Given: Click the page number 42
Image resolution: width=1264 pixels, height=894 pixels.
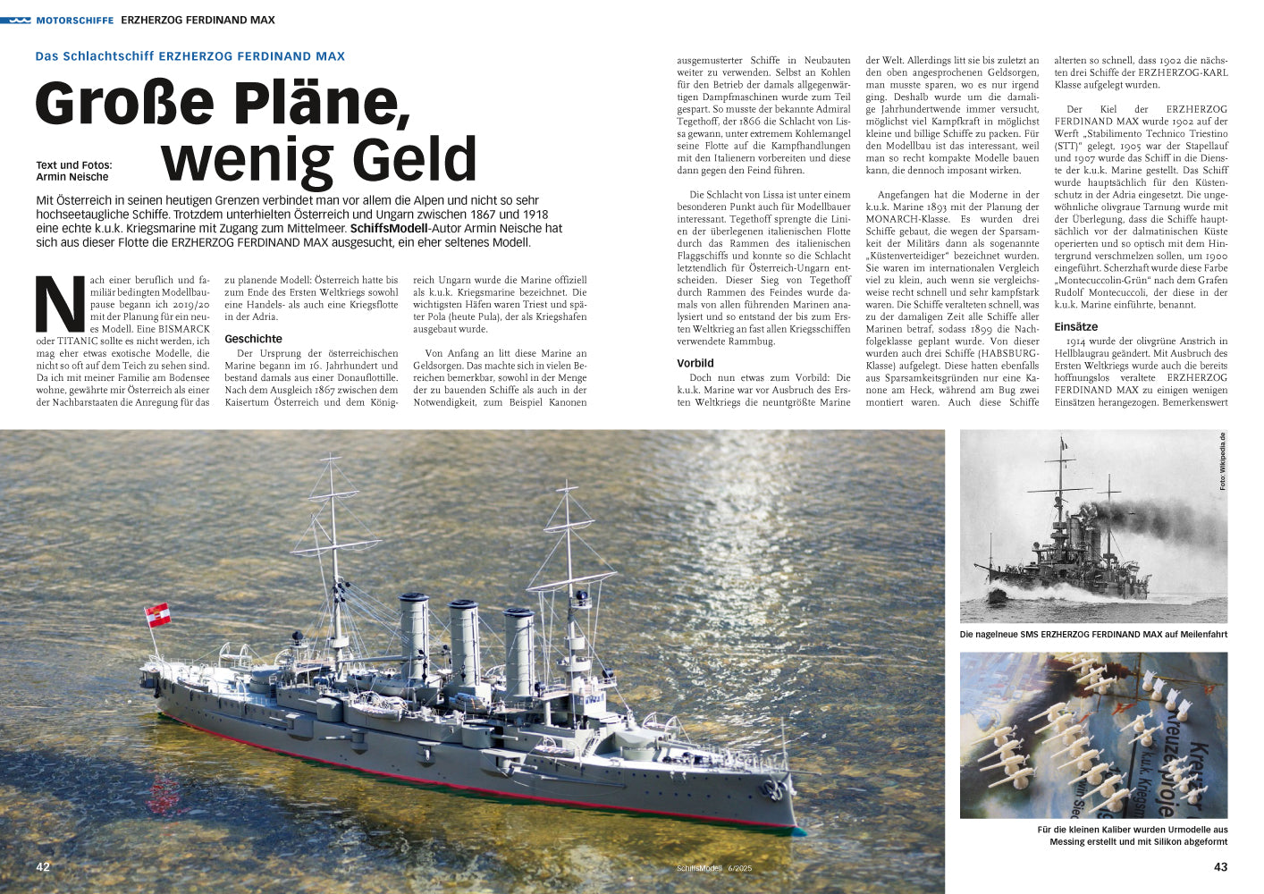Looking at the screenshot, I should tap(43, 866).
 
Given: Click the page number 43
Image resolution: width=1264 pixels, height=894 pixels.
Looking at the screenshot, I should tap(1220, 866).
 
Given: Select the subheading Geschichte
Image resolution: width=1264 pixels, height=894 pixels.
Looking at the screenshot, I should tap(253, 339).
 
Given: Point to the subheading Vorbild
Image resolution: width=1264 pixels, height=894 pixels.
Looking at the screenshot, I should tap(695, 363).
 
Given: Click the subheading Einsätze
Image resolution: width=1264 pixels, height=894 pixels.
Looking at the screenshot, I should tap(1076, 327).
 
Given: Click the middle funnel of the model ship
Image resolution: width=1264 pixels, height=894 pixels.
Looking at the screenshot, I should tap(464, 644).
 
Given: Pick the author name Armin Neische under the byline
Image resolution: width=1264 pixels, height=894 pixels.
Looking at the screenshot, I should tap(72, 177).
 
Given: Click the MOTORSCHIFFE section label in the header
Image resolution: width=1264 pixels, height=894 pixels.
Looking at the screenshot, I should tap(74, 20).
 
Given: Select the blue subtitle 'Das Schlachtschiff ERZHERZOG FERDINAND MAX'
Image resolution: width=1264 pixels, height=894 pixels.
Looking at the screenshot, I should tap(190, 56).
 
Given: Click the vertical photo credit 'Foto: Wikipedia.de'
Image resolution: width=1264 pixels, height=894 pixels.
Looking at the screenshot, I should tap(1222, 461).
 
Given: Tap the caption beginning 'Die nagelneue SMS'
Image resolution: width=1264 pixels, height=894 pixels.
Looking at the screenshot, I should tap(1092, 635).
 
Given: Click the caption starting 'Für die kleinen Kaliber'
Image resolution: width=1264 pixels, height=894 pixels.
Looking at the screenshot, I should tap(1133, 836).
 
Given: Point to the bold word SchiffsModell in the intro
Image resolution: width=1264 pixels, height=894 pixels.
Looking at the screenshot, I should tap(389, 229).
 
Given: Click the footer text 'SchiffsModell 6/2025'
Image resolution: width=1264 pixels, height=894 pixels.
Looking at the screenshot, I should tap(714, 868).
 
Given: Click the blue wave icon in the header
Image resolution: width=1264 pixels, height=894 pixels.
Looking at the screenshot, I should tap(16, 20).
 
